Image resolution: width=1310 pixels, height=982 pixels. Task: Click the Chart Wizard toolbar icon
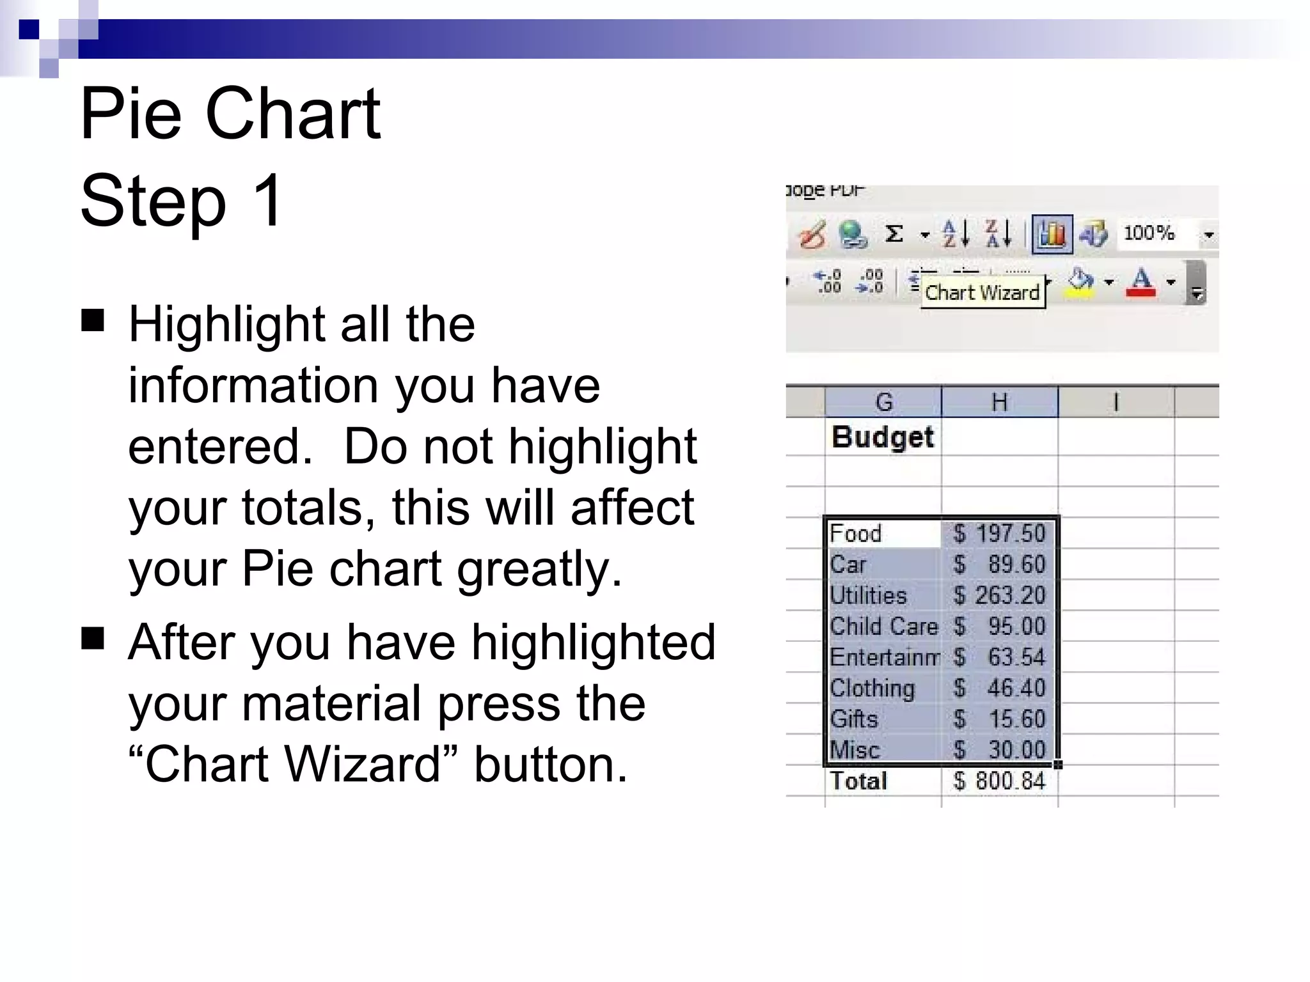pos(1052,235)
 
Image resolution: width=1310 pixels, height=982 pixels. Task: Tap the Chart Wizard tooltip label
pos(982,293)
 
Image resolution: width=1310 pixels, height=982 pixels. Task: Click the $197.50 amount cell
pos(999,533)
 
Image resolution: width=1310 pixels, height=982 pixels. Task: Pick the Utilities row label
pos(868,595)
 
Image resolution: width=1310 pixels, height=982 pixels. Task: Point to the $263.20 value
pos(999,595)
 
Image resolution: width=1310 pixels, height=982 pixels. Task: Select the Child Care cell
pos(883,626)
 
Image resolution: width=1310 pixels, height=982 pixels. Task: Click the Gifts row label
pos(854,719)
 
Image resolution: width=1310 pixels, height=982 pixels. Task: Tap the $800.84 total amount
pos(999,781)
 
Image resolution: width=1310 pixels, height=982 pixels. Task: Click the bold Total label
pos(858,781)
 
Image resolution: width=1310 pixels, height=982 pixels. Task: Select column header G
pos(883,402)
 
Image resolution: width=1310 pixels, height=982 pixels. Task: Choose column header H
pos(999,402)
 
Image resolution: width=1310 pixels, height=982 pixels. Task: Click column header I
pos(1116,402)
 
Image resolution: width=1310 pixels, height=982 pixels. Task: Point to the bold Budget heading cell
pos(883,437)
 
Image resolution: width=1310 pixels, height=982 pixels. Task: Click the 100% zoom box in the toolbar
pos(1149,233)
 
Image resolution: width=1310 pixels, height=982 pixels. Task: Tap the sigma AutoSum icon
pos(894,234)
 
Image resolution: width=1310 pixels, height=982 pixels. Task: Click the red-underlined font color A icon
pos(1142,282)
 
